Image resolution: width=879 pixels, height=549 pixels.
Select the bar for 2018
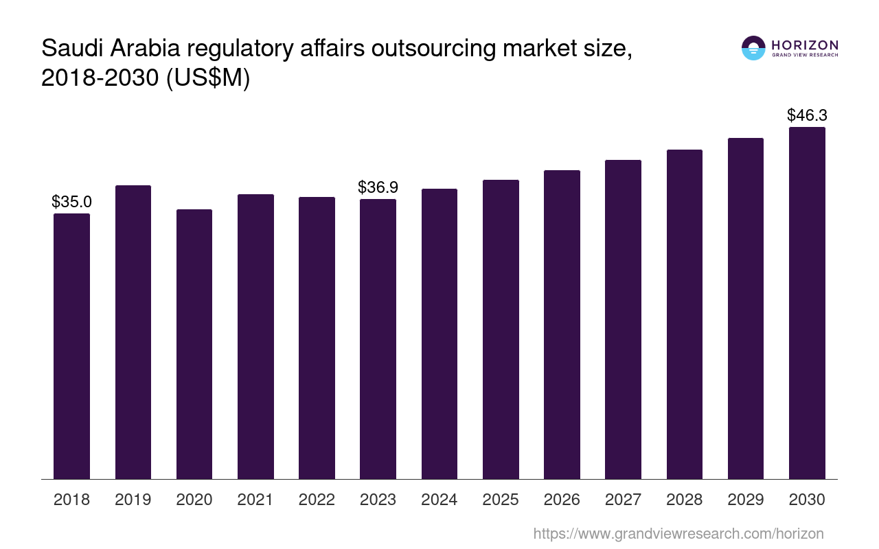coord(71,346)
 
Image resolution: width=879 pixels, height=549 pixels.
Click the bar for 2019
coord(133,332)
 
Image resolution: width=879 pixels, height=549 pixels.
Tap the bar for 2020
coord(194,344)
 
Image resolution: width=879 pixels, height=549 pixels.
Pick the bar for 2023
coord(378,339)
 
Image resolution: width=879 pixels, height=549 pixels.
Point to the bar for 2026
coord(562,325)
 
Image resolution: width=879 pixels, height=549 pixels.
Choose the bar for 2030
coord(807,303)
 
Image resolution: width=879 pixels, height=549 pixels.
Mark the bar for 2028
coord(684,314)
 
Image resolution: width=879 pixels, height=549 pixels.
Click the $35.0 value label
coord(71,202)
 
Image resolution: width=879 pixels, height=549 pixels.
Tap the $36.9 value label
coord(378,187)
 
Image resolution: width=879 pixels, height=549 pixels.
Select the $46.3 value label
coord(807,115)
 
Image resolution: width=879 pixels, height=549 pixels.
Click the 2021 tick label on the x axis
coord(255,500)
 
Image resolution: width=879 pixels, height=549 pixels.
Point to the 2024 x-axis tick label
coord(439,500)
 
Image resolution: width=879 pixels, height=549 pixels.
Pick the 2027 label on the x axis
coord(623,500)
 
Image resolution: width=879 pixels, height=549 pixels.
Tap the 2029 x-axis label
coord(746,500)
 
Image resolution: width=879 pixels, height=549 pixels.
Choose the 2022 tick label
coord(317,500)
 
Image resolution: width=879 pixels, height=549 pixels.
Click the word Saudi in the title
coord(71,49)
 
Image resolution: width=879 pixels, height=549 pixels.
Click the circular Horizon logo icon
coord(753,48)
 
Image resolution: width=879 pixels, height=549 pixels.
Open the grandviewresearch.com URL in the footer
coord(678,533)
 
